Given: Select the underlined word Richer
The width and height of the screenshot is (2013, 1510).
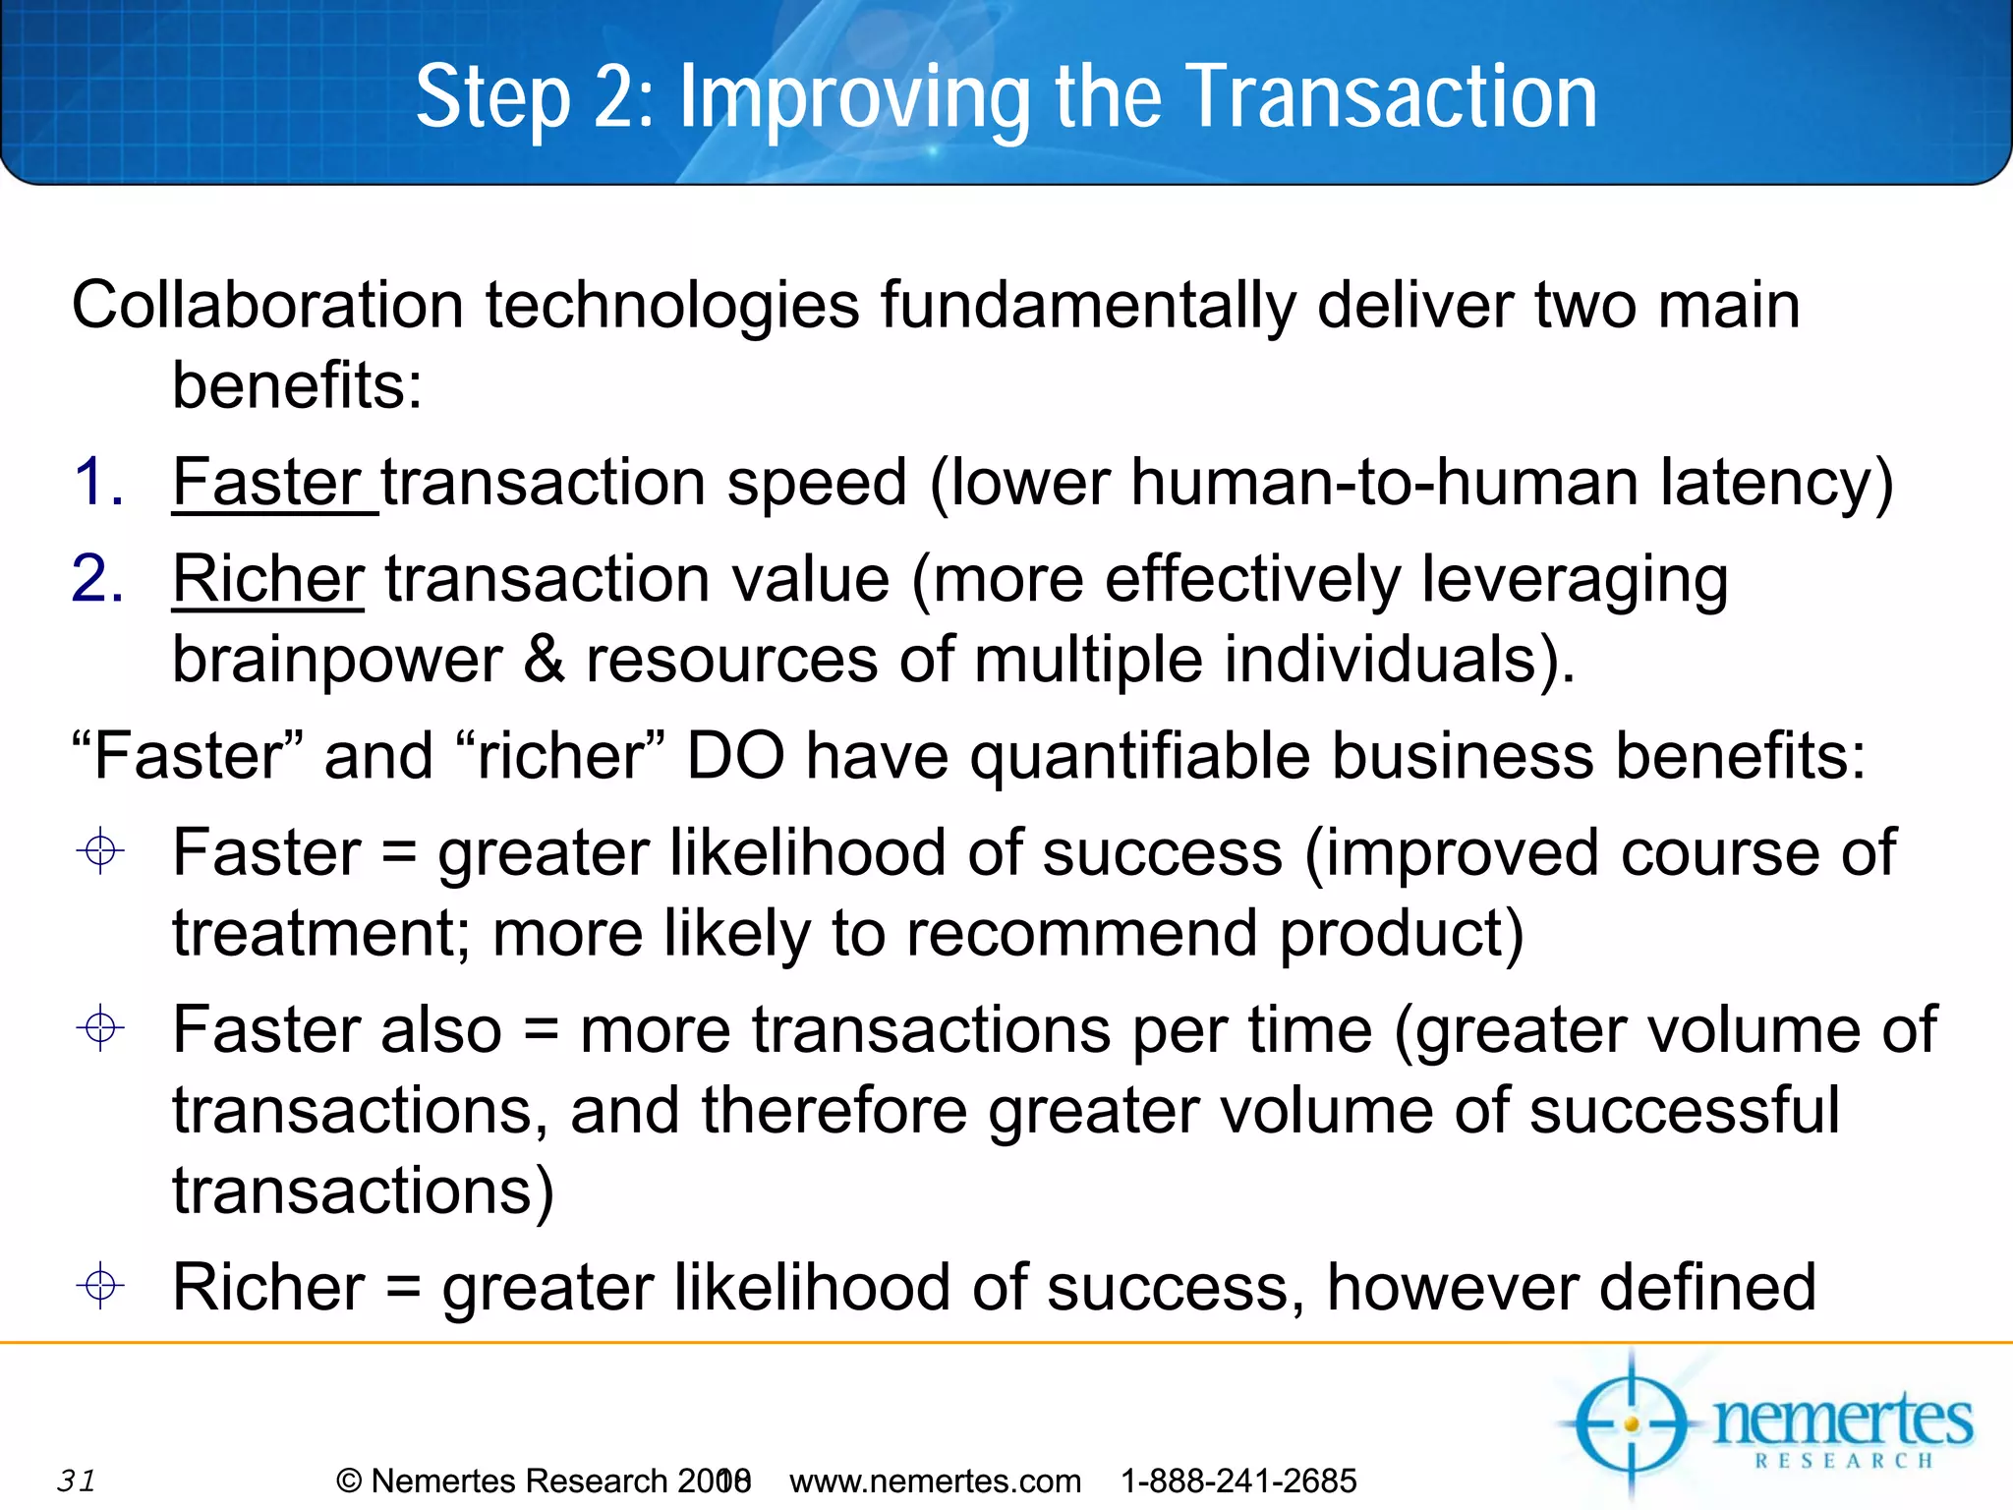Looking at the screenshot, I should [268, 579].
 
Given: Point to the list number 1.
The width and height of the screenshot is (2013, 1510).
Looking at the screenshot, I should [97, 483].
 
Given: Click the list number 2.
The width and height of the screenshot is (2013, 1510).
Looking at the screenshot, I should [97, 579].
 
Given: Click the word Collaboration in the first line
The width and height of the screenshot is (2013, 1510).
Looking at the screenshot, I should [267, 305].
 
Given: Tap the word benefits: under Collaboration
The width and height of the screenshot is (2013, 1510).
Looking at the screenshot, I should [297, 385].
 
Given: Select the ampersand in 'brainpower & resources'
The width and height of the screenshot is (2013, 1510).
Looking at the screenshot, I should [544, 659].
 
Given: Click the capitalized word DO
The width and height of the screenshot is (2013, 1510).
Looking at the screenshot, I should [735, 756].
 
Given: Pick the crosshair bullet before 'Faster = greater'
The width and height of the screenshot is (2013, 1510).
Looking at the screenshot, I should [100, 850].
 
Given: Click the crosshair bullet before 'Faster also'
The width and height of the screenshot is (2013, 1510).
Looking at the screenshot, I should [100, 1029].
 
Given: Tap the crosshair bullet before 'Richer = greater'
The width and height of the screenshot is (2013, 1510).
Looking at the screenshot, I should [100, 1286].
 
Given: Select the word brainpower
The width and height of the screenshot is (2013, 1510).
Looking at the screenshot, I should [337, 661].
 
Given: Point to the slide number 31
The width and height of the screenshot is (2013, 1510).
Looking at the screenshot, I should [77, 1480].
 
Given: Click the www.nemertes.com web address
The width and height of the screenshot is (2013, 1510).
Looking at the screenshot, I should [935, 1481].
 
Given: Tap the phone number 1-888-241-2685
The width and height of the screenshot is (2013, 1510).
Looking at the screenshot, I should [1238, 1481].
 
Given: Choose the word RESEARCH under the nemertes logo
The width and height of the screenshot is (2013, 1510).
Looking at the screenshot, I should [1844, 1462].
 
